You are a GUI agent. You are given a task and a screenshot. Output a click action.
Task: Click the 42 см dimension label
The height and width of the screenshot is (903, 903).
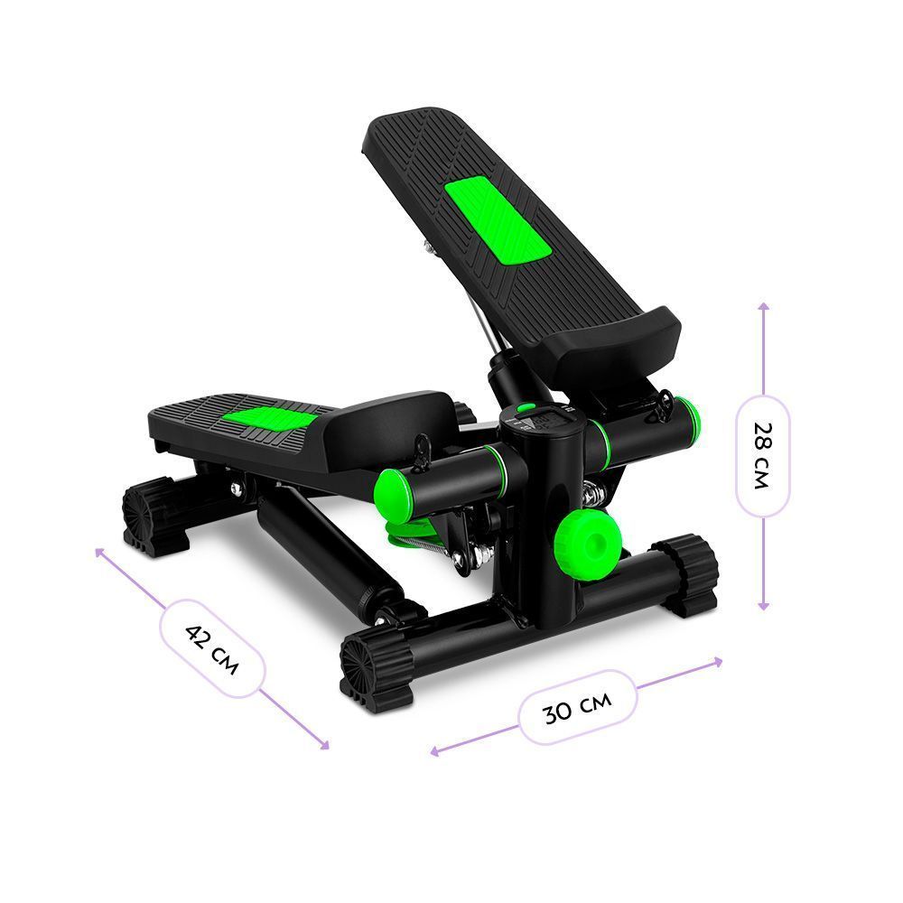click(212, 649)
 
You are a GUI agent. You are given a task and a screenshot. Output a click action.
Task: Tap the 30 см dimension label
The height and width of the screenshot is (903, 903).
click(578, 708)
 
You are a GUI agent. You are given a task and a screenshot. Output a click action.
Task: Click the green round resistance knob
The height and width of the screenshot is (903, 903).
click(589, 543)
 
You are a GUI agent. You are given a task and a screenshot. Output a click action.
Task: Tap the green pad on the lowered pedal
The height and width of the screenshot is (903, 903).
click(271, 418)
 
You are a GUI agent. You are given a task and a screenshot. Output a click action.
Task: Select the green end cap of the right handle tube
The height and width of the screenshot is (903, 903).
click(688, 421)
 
